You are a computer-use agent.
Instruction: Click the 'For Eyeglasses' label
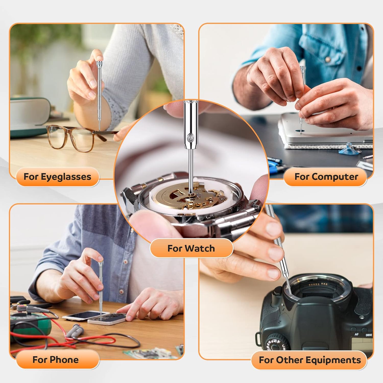(57, 177)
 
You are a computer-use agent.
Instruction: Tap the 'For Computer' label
(326, 177)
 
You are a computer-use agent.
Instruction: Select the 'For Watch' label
(191, 248)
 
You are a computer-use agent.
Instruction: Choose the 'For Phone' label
(56, 360)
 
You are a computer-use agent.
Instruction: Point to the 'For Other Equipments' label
(310, 360)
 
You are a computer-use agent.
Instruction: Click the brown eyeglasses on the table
(74, 138)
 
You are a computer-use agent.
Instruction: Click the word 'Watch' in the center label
(200, 248)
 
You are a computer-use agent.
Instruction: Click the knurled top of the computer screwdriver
(303, 69)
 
